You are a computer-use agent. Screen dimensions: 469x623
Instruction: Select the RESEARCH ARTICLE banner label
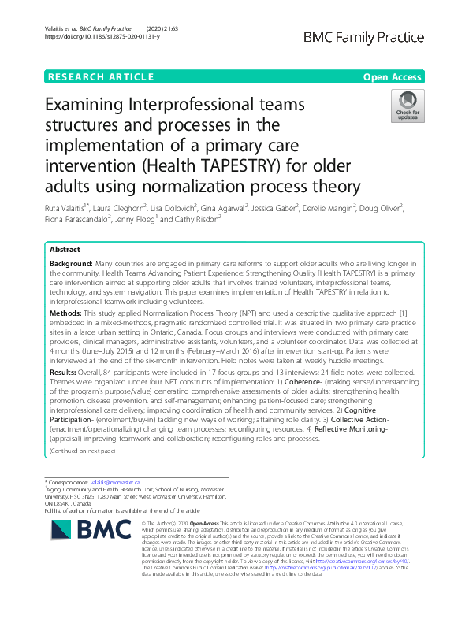click(101, 76)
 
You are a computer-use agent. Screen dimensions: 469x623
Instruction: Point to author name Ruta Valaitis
click(65, 208)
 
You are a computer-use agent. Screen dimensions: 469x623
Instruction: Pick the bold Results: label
click(63, 371)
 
